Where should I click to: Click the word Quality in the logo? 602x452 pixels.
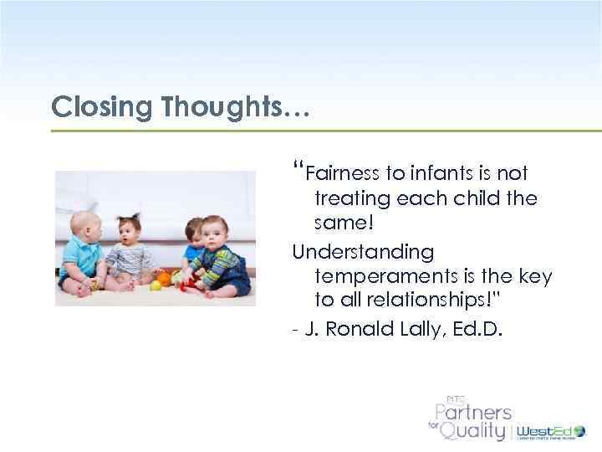(474, 430)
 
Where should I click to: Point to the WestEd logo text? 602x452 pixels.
(544, 430)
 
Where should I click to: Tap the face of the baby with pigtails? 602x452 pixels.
(131, 229)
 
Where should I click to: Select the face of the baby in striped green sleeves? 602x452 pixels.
(218, 232)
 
